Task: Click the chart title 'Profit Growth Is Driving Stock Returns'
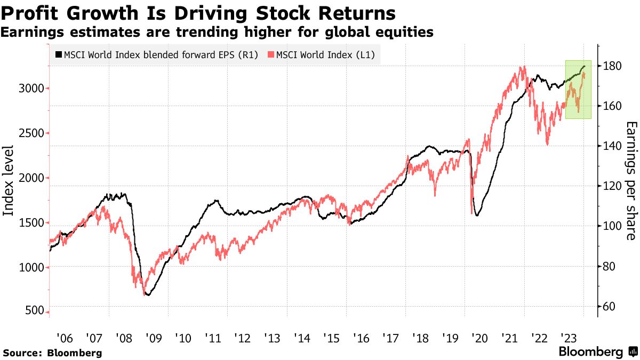point(199,12)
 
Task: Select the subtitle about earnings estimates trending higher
point(217,33)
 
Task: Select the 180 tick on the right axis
point(613,66)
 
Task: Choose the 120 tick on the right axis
point(613,186)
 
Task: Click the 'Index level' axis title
point(9,181)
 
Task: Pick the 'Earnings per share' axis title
point(631,181)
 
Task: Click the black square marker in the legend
point(59,55)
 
